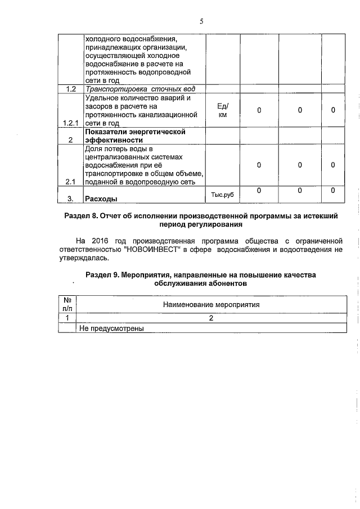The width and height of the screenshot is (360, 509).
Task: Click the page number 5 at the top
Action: coord(201,21)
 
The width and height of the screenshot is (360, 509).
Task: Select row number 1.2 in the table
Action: coord(71,89)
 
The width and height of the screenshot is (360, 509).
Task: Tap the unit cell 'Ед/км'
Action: coord(222,110)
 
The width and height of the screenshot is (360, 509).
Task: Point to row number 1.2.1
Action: coord(71,123)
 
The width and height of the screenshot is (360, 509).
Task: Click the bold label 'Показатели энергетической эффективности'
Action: coord(134,136)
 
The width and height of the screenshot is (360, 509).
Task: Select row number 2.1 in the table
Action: coord(71,182)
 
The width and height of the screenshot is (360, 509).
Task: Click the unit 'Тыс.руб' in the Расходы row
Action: coord(222,195)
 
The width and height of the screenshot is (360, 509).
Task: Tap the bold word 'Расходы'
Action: coord(101,199)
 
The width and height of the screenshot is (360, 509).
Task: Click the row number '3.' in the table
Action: coord(71,199)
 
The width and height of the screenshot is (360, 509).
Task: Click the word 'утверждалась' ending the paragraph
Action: coord(85,259)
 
